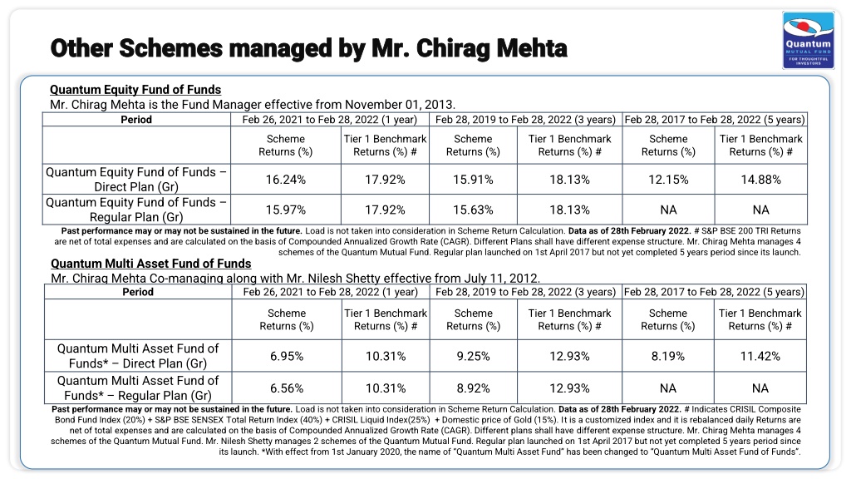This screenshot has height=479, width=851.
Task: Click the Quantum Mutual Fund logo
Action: pyautogui.click(x=808, y=41)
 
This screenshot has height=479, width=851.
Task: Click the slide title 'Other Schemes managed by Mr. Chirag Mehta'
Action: pyautogui.click(x=309, y=48)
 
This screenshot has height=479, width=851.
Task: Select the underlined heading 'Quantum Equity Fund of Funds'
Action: pyautogui.click(x=135, y=90)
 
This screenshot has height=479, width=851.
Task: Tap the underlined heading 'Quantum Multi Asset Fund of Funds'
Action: pyautogui.click(x=151, y=264)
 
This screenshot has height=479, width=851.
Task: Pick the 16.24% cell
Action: pyautogui.click(x=286, y=180)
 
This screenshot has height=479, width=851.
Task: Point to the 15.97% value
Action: pyautogui.click(x=286, y=210)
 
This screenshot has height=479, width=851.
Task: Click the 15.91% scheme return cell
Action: pyautogui.click(x=473, y=180)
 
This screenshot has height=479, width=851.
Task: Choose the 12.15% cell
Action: pyautogui.click(x=668, y=180)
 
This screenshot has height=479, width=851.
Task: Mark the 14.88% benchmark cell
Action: pyautogui.click(x=761, y=180)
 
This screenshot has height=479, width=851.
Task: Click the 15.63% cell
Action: pyautogui.click(x=473, y=210)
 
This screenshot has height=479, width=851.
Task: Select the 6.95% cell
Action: pyautogui.click(x=287, y=356)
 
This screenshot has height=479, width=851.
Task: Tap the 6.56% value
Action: pyautogui.click(x=287, y=388)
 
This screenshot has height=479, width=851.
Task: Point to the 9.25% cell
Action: pyautogui.click(x=473, y=356)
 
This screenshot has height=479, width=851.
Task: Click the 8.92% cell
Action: pyautogui.click(x=473, y=388)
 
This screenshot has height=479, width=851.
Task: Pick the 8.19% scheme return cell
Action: pyautogui.click(x=668, y=356)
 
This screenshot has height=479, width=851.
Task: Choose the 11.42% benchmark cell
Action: pyautogui.click(x=760, y=356)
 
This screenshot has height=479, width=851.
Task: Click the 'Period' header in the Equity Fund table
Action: pyautogui.click(x=136, y=120)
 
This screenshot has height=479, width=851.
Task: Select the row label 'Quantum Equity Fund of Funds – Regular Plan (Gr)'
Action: pyautogui.click(x=136, y=210)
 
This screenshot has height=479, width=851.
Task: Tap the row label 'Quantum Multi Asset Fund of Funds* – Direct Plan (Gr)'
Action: pyautogui.click(x=138, y=356)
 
